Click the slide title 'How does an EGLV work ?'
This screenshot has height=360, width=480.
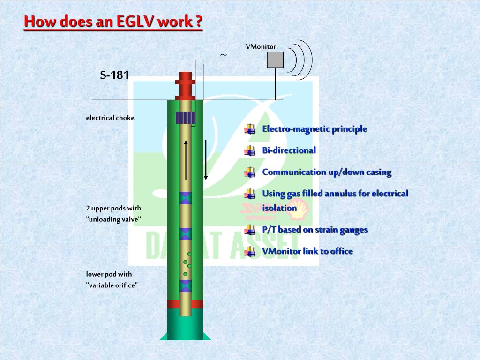coord(113,22)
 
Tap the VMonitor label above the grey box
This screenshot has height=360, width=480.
coord(261,46)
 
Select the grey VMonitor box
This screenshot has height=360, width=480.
coord(275,60)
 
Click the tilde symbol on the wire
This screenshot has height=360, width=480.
coord(224,55)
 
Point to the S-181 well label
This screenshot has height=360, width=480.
coord(114,75)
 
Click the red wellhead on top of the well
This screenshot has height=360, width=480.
coord(185,84)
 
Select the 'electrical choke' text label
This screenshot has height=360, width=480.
coord(110,118)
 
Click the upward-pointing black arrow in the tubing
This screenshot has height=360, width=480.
coord(186,159)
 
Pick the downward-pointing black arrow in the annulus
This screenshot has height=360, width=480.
coord(205,159)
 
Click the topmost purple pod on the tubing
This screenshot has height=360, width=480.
coord(186,197)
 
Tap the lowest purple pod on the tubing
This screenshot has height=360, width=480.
coord(186,285)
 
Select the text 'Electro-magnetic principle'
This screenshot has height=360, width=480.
coord(315,129)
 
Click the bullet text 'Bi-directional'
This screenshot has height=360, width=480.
coord(289,150)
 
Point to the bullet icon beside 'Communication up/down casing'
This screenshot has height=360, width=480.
coord(250,172)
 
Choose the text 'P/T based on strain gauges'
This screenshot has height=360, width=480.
coord(315,230)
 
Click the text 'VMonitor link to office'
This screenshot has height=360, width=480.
coord(307,251)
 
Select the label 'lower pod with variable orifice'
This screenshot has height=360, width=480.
coord(112,279)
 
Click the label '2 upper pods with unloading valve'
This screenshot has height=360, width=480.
coord(113,214)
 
